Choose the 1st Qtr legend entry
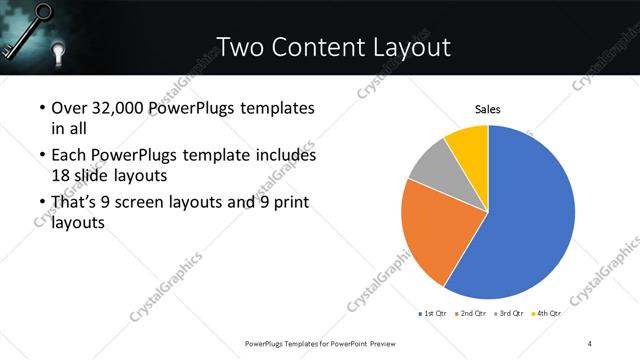tap(434, 313)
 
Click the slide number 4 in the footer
tap(590, 343)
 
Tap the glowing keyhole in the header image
tap(58, 51)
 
